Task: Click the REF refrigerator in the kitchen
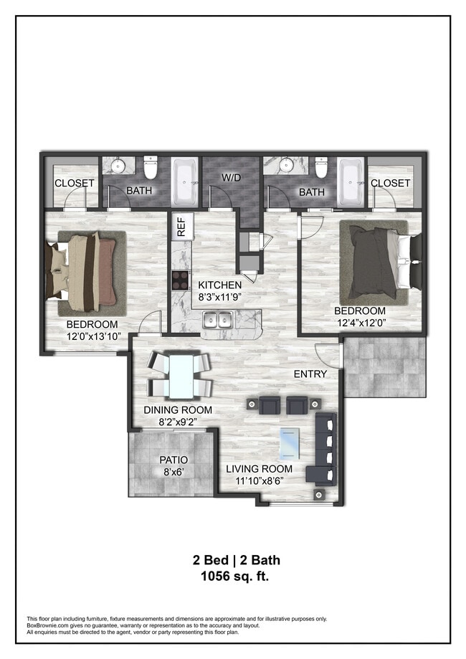[x=182, y=227]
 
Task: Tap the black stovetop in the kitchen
[x=181, y=280]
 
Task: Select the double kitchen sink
[x=217, y=320]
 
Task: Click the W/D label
[x=231, y=178]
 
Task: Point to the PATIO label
[x=173, y=460]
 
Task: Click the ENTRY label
[x=310, y=374]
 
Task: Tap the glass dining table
[x=181, y=376]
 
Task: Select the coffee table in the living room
[x=290, y=443]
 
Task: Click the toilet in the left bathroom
[x=150, y=167]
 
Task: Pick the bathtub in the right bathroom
[x=351, y=182]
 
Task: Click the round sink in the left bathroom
[x=118, y=165]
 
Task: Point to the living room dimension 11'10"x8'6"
[x=259, y=480]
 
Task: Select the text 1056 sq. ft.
[x=235, y=576]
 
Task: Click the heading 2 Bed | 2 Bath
[x=236, y=560]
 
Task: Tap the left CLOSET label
[x=75, y=184]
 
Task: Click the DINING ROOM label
[x=178, y=409]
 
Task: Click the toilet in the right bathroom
[x=321, y=167]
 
